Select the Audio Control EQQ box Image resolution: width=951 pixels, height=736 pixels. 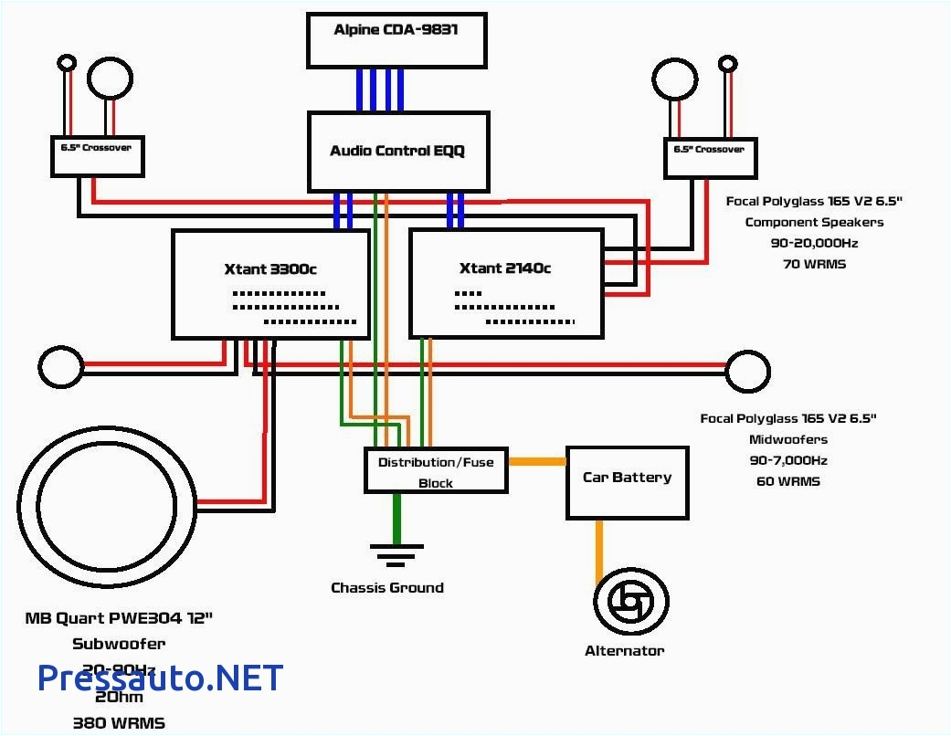pos(397,151)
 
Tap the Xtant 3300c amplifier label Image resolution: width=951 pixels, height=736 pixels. pos(270,268)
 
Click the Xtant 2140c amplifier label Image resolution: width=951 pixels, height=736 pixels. pos(505,268)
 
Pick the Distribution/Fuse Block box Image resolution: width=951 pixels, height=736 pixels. pos(436,471)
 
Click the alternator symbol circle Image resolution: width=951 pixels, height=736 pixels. pos(630,602)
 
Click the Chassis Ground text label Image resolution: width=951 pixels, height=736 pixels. pos(387,588)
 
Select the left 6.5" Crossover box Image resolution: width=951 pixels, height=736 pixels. pos(96,155)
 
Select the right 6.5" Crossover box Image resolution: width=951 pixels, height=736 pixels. pos(710,157)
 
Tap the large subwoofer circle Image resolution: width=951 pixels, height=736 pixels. pos(106,502)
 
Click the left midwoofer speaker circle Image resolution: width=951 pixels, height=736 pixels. pos(59,367)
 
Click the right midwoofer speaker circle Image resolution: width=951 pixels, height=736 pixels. pos(747,369)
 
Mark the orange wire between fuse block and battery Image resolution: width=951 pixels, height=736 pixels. pos(537,462)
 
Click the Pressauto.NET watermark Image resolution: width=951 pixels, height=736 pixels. pos(160,678)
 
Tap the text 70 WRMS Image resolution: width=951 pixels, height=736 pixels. pos(814,265)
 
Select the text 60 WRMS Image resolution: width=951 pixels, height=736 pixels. pos(787,481)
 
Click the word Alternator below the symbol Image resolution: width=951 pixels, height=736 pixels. pos(624,651)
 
